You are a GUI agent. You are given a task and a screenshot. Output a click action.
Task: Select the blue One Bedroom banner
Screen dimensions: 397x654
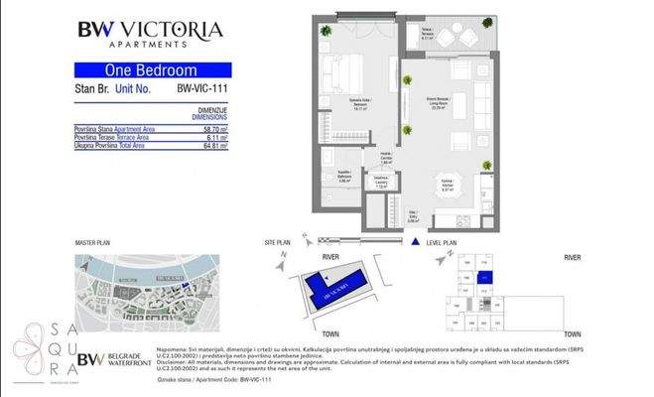(153, 70)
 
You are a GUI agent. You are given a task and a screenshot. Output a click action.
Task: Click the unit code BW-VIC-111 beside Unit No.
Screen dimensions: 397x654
(203, 88)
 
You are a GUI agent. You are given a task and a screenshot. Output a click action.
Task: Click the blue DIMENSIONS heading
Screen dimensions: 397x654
(208, 116)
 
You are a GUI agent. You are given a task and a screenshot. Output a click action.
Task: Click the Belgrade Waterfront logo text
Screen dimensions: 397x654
(126, 359)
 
